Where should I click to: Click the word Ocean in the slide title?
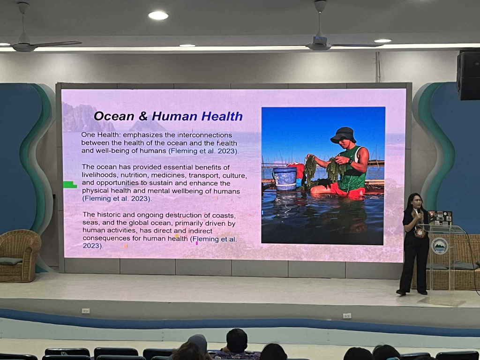click(x=114, y=116)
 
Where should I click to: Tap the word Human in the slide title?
click(x=175, y=116)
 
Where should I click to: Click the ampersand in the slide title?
click(x=143, y=116)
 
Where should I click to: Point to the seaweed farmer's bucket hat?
click(x=343, y=135)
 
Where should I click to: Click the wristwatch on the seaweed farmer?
click(x=350, y=162)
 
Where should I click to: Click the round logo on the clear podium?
click(x=440, y=246)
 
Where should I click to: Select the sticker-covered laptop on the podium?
click(x=440, y=217)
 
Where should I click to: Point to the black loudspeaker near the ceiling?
click(x=468, y=75)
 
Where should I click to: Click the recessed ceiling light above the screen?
click(x=158, y=15)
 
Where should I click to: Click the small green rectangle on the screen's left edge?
click(x=70, y=185)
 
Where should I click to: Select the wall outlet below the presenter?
click(x=347, y=316)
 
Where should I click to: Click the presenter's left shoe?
click(x=422, y=292)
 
